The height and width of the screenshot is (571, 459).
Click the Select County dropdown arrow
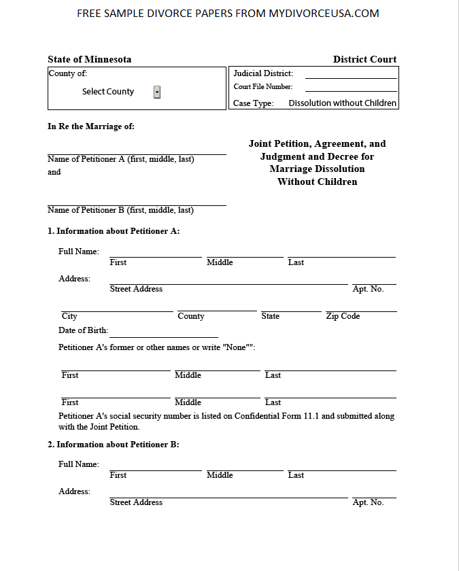click(x=157, y=92)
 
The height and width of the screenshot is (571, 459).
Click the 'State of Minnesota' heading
click(x=89, y=59)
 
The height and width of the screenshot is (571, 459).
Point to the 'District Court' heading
click(x=364, y=59)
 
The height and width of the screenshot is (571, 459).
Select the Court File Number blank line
click(x=350, y=88)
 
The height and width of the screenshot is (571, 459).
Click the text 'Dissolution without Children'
click(x=342, y=103)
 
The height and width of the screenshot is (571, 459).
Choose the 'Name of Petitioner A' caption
click(x=120, y=159)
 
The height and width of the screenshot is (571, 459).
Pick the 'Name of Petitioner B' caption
click(x=120, y=210)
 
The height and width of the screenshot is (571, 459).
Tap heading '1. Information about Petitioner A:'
click(x=114, y=231)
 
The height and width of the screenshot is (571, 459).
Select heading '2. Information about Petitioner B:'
click(x=114, y=445)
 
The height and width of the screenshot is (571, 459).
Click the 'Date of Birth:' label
click(x=83, y=330)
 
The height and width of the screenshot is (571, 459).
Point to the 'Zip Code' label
click(x=343, y=316)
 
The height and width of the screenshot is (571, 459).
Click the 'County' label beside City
click(x=190, y=316)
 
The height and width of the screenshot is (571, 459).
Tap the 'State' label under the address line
click(x=270, y=316)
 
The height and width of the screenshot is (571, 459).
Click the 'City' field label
click(x=69, y=316)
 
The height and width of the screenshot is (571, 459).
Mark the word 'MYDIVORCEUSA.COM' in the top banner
click(x=323, y=14)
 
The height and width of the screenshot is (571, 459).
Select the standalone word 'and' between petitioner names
click(x=54, y=172)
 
